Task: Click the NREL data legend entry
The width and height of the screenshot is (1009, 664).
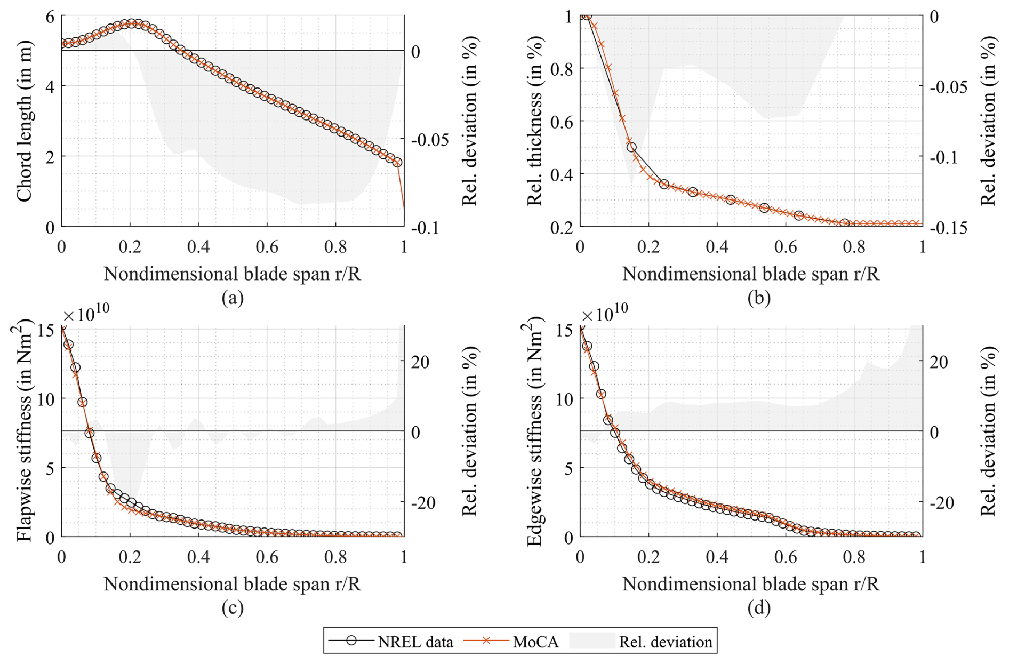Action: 392,641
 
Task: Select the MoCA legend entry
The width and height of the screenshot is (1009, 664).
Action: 512,641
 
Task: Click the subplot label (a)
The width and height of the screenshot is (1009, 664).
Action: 233,298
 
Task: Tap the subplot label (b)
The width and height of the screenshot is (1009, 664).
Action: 758,298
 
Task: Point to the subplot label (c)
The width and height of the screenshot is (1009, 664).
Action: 233,608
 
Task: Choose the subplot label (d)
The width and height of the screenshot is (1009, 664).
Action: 758,608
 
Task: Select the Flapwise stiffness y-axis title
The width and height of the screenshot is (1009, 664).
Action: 25,431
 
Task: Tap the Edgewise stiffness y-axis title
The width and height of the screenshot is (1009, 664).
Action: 534,431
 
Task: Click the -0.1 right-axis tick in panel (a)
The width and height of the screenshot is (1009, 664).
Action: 425,228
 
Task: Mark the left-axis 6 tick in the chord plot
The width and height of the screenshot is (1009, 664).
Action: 50,17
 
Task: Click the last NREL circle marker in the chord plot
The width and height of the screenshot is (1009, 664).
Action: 397,162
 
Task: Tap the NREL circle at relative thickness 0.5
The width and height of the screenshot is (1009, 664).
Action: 631,147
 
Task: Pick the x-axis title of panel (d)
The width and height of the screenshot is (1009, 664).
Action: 751,584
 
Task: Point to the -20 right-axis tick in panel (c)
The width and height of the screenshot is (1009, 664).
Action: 423,502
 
